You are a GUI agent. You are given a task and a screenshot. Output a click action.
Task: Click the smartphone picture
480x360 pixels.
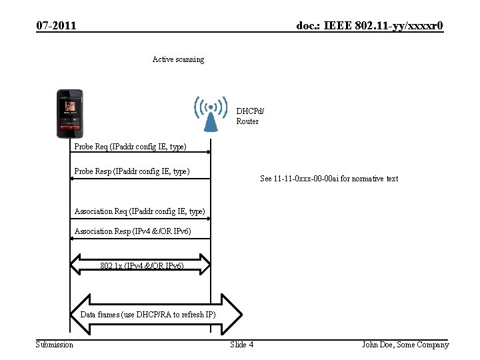coord(69,111)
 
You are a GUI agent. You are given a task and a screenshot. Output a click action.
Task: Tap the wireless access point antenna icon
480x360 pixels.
coord(210,114)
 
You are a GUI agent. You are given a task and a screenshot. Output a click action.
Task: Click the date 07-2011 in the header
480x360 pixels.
coord(56,26)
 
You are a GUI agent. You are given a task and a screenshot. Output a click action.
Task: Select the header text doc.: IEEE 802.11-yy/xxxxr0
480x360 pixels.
coord(369,26)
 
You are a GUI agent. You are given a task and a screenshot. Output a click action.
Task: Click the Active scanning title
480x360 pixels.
coord(178,59)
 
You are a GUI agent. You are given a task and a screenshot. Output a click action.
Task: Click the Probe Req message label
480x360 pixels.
coord(130,146)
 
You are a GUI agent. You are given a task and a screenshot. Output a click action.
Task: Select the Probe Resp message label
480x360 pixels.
coord(132,171)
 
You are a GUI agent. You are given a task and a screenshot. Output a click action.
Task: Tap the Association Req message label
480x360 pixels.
coord(139,211)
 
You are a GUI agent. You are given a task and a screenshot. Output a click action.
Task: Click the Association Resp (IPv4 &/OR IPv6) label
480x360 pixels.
coord(133,231)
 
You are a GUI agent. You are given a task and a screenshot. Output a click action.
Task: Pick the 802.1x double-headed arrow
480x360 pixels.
coord(140,265)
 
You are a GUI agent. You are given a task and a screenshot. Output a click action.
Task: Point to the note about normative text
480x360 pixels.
coord(329,179)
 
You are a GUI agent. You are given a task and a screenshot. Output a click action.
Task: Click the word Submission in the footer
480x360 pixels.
coord(55,344)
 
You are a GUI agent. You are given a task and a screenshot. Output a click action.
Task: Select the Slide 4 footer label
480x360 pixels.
coord(241,344)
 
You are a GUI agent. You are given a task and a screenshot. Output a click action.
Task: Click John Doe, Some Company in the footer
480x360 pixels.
coord(405,344)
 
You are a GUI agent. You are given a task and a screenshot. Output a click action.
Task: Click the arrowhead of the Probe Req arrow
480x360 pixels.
coord(208,153)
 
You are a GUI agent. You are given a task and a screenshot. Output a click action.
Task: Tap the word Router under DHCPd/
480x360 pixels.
coord(247,121)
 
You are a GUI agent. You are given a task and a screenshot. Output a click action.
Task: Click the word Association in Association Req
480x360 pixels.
coord(93,211)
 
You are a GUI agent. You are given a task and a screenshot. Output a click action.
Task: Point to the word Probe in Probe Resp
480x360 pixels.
coord(84,171)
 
